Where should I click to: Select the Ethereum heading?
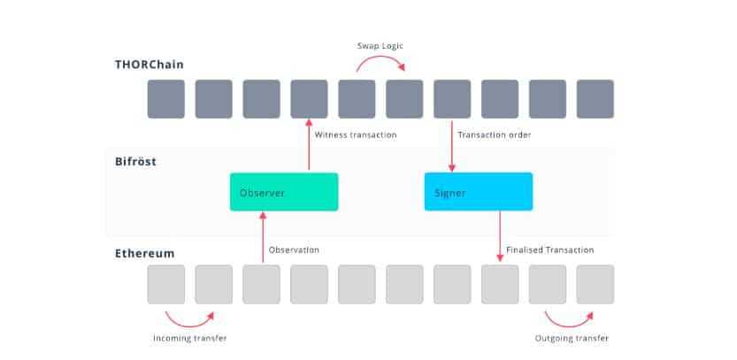(144, 253)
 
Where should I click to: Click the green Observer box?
(283, 191)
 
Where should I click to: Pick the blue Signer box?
(478, 191)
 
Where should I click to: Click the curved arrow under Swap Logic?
(380, 62)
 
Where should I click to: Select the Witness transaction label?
(356, 134)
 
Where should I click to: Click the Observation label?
(294, 250)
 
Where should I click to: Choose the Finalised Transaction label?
(549, 250)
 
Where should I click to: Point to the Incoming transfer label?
(189, 338)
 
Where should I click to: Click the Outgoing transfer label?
(572, 338)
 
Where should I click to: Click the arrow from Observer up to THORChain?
(309, 146)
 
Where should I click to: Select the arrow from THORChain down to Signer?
(452, 146)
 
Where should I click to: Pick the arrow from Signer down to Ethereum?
(500, 236)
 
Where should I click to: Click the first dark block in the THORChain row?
(165, 99)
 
